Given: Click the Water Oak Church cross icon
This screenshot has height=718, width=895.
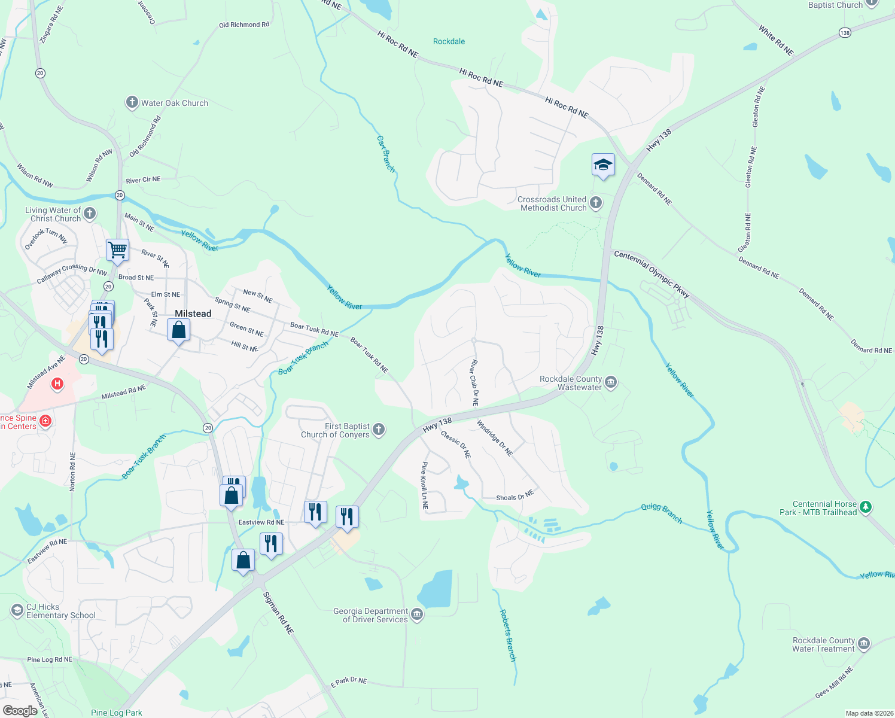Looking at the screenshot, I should pyautogui.click(x=132, y=102).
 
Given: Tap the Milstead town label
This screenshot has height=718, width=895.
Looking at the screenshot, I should pyautogui.click(x=193, y=314).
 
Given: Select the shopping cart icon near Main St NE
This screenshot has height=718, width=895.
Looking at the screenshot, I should pyautogui.click(x=118, y=250).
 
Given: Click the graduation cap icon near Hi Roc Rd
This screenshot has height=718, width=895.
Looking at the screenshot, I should pyautogui.click(x=603, y=165).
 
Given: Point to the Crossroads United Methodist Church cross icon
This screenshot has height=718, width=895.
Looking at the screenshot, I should pyautogui.click(x=596, y=203).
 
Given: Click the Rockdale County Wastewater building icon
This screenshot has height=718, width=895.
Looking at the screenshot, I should pyautogui.click(x=611, y=382).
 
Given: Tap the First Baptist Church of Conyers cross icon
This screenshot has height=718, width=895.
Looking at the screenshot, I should pyautogui.click(x=379, y=429).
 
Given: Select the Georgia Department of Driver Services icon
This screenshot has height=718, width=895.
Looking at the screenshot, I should pyautogui.click(x=417, y=614).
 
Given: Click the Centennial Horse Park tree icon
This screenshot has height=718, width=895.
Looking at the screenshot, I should pyautogui.click(x=866, y=508).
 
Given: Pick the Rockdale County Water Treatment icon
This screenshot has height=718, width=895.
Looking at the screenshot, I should pyautogui.click(x=863, y=644).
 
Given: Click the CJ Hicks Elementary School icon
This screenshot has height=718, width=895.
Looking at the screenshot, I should pyautogui.click(x=17, y=610).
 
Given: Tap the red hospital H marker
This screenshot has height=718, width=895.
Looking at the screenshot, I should pyautogui.click(x=57, y=384).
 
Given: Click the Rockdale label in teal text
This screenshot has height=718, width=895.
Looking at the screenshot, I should pyautogui.click(x=449, y=41).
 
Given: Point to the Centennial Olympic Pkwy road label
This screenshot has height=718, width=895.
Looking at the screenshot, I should pyautogui.click(x=652, y=274).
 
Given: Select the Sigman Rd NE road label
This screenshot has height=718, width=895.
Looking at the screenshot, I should pyautogui.click(x=279, y=613).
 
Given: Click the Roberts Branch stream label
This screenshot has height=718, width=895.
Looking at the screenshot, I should pyautogui.click(x=507, y=635).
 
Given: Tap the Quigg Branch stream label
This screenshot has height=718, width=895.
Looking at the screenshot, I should pyautogui.click(x=662, y=513).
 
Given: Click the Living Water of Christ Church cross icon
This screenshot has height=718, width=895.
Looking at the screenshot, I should pyautogui.click(x=90, y=213).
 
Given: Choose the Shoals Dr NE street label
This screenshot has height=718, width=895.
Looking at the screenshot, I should pyautogui.click(x=515, y=496).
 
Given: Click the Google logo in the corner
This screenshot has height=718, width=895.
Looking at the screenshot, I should pyautogui.click(x=20, y=711).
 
